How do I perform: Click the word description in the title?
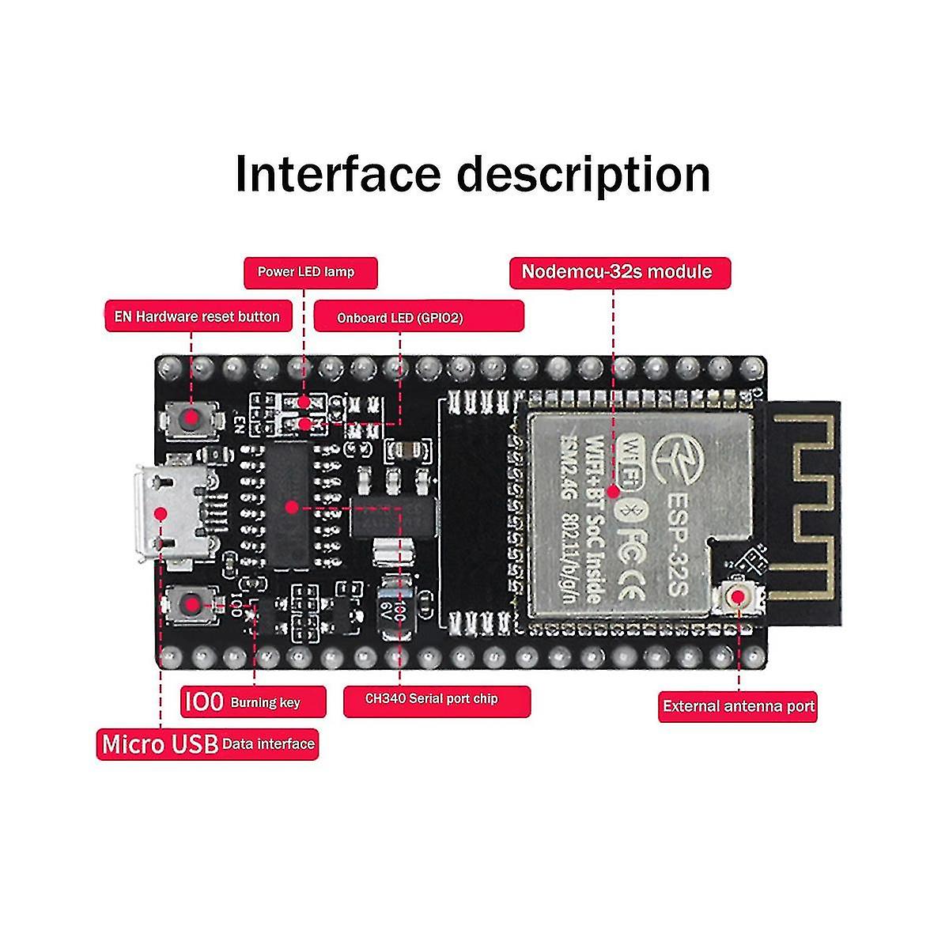(586, 175)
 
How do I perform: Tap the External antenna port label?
(737, 706)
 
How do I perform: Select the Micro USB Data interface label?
(208, 744)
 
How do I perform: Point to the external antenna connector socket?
(739, 599)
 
